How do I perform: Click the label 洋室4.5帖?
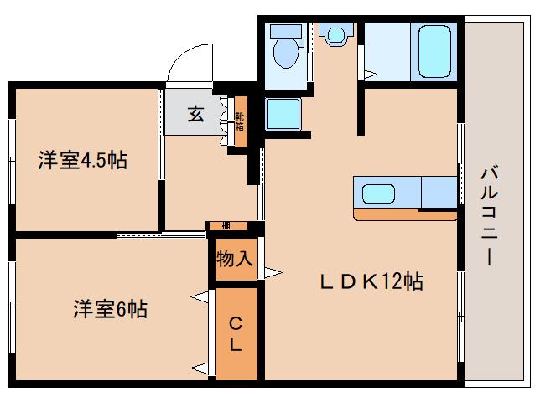click(82, 160)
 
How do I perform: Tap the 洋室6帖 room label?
click(109, 309)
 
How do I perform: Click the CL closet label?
click(236, 332)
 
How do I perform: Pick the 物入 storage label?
click(235, 258)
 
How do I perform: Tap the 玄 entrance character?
click(195, 115)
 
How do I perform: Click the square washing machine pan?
click(283, 114)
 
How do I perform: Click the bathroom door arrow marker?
click(370, 75)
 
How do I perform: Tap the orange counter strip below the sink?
click(404, 214)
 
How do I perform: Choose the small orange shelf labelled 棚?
click(226, 226)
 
